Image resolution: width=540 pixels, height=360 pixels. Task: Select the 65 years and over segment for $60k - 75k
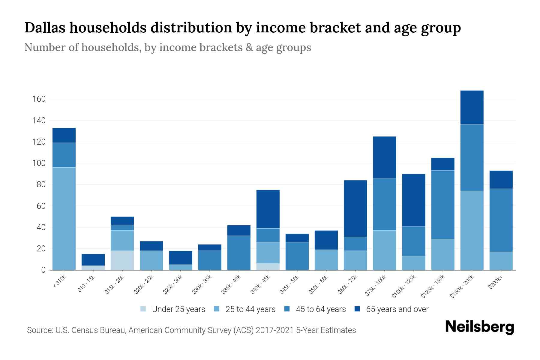(355, 208)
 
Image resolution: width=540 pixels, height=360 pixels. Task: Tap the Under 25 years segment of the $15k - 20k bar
(122, 260)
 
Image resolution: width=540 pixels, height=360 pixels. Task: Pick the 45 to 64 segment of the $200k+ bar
(501, 220)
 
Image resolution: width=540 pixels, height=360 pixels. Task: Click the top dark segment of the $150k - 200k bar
(472, 107)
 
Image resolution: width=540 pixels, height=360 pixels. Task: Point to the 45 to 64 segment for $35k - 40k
(239, 253)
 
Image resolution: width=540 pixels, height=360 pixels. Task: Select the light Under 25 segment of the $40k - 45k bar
(268, 267)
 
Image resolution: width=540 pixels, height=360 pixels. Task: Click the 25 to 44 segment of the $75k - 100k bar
(385, 250)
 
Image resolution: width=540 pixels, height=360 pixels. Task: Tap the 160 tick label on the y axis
(39, 99)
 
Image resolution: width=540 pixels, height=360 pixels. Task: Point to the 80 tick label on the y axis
(41, 184)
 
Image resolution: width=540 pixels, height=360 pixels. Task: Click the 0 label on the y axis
(43, 270)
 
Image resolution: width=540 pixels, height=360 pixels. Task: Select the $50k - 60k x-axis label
(319, 284)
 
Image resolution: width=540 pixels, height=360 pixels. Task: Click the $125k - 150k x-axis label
(433, 286)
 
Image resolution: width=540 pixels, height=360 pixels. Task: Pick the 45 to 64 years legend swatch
(287, 309)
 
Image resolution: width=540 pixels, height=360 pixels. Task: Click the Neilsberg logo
(479, 327)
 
